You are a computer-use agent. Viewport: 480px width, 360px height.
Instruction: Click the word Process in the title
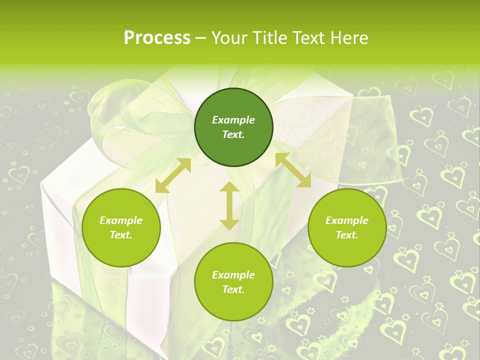pyautogui.click(x=157, y=38)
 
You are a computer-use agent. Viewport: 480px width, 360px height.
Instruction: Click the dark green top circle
pyautogui.click(x=233, y=127)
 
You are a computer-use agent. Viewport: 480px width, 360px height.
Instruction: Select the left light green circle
pyautogui.click(x=121, y=228)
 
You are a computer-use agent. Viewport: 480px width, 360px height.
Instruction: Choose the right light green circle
pyautogui.click(x=347, y=228)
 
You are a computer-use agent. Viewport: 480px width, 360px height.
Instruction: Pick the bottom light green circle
pyautogui.click(x=233, y=282)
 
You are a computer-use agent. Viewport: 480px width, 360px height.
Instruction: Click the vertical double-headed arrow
pyautogui.click(x=229, y=206)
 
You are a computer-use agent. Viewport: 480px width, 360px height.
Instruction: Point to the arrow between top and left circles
pyautogui.click(x=173, y=175)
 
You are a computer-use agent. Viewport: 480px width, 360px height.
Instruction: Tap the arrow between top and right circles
pyautogui.click(x=293, y=170)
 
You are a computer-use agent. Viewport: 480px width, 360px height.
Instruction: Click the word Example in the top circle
pyautogui.click(x=233, y=120)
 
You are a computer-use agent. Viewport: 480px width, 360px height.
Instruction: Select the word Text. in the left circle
pyautogui.click(x=121, y=235)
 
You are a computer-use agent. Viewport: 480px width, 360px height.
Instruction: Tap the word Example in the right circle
pyautogui.click(x=347, y=220)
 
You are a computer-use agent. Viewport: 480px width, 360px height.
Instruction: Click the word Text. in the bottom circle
pyautogui.click(x=233, y=289)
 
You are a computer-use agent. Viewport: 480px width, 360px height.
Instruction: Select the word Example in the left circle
pyautogui.click(x=121, y=220)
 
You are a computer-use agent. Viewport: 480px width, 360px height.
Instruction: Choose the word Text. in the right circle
pyautogui.click(x=347, y=235)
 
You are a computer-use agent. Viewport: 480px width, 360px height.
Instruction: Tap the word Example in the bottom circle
pyautogui.click(x=233, y=275)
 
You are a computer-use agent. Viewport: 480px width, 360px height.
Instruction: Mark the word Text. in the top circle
pyautogui.click(x=233, y=134)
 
